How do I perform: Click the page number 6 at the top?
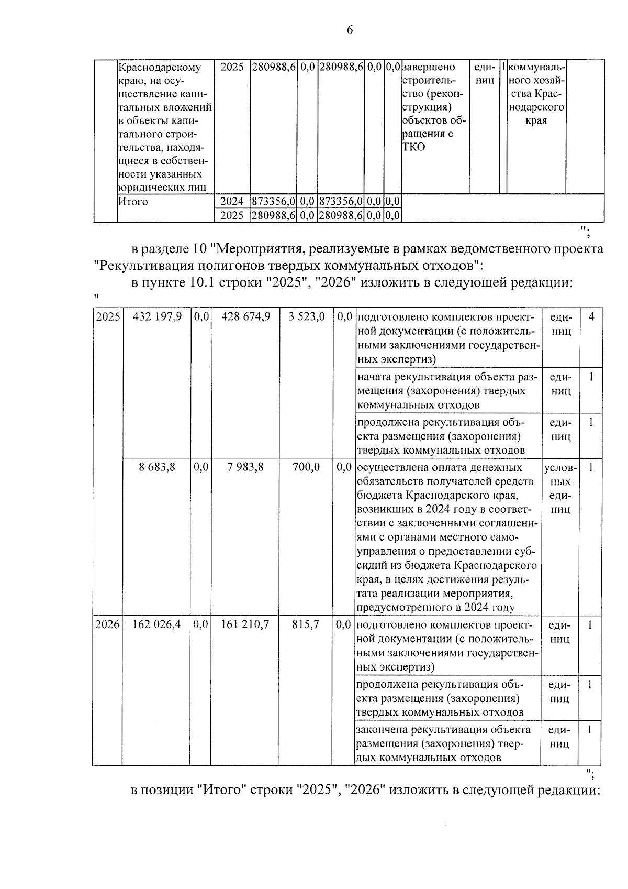pos(350,30)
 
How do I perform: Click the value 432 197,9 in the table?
pos(158,317)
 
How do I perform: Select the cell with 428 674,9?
pos(245,317)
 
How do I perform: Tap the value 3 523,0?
pos(306,317)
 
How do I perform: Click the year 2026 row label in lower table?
pos(107,624)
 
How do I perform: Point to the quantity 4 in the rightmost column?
pos(591,317)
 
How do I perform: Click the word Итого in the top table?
pos(133,202)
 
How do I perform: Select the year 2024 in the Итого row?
pos(232,202)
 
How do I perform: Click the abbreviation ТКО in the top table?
pos(413,147)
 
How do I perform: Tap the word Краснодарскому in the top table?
pos(160,68)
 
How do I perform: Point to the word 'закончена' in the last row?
pos(382,730)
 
